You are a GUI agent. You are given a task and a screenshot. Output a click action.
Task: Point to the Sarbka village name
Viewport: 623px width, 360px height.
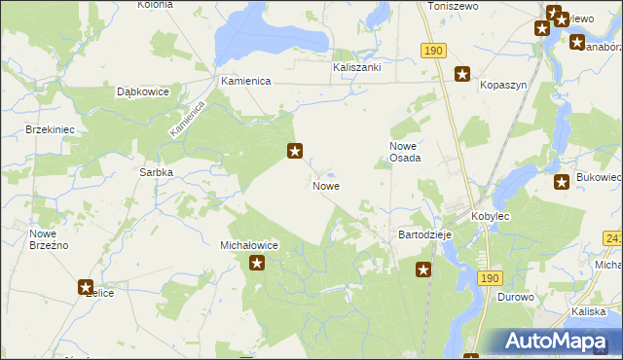click(156, 172)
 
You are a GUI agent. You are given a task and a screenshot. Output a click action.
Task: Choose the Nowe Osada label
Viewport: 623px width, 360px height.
click(405, 151)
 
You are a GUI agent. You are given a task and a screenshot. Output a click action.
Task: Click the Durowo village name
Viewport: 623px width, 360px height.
click(516, 297)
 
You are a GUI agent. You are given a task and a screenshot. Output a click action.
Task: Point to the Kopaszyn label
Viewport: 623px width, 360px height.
click(503, 85)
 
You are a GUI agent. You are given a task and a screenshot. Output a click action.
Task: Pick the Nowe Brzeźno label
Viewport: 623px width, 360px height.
click(48, 239)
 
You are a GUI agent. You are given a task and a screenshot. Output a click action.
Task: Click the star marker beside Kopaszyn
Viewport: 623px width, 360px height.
click(462, 73)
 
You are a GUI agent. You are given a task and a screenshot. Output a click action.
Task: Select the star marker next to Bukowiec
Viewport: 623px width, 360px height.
click(562, 181)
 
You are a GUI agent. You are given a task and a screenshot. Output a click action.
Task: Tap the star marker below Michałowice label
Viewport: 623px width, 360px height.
click(257, 262)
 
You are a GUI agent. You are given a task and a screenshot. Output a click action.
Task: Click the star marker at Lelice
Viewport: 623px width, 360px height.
click(86, 287)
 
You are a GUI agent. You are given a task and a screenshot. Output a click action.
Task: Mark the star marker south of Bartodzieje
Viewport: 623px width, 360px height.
click(423, 270)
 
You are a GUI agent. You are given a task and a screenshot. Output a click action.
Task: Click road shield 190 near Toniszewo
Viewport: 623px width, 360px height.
click(433, 50)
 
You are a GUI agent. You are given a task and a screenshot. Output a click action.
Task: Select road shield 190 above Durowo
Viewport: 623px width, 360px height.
click(491, 277)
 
